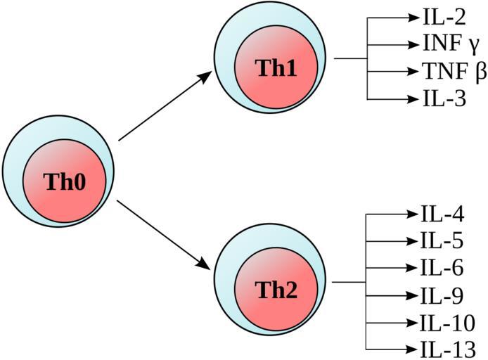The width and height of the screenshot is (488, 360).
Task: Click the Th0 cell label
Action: coord(64,182)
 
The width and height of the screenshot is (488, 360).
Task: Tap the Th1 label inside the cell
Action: coord(276,68)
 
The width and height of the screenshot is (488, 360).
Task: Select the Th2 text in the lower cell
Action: coord(276,290)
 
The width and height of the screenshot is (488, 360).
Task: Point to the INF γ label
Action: coord(451,44)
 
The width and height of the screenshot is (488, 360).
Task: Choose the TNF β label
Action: coord(451,71)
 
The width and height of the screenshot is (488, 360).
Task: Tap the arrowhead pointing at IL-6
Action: coord(411,268)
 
